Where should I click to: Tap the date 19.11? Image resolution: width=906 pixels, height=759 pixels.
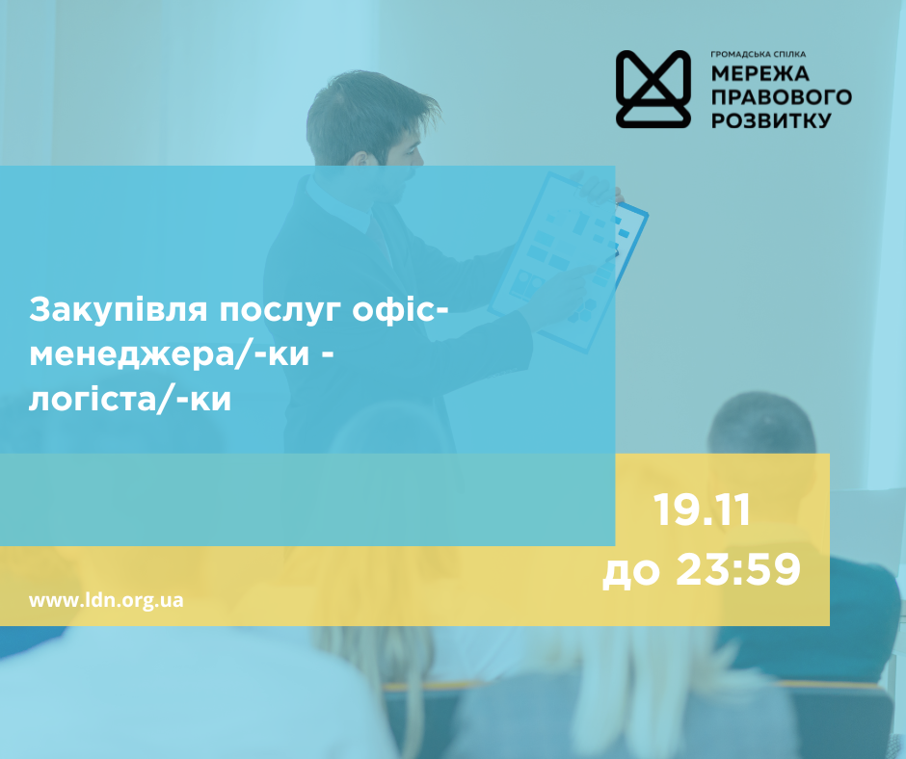(x=702, y=510)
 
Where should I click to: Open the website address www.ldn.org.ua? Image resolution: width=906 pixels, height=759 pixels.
(x=106, y=599)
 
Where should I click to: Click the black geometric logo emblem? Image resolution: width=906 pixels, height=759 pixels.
(x=653, y=89)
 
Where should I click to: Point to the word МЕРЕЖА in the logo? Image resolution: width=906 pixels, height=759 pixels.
(x=761, y=75)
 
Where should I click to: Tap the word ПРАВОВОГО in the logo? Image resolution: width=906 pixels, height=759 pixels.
(x=782, y=98)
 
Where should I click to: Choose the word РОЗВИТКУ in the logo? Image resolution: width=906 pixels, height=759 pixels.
(x=771, y=121)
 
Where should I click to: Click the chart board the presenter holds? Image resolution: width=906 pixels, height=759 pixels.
(x=569, y=250)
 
